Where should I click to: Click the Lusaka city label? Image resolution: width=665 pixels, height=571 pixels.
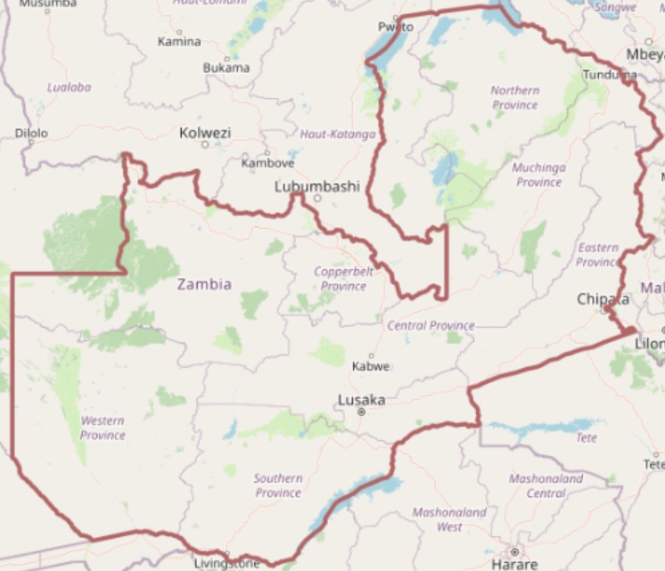(x=361, y=400)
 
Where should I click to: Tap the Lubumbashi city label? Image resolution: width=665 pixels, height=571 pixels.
(x=316, y=187)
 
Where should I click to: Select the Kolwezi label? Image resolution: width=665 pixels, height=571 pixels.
(x=205, y=133)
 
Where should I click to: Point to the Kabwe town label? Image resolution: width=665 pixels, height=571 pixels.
(x=371, y=366)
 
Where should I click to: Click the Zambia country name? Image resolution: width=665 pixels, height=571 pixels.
(x=204, y=284)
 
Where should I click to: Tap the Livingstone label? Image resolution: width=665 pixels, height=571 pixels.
(x=226, y=563)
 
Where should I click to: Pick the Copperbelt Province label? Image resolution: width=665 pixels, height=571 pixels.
(x=343, y=278)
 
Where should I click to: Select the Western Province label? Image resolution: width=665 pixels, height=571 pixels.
(x=103, y=428)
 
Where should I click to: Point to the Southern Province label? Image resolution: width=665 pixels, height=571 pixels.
(x=278, y=485)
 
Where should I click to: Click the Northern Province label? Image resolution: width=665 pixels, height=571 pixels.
(x=514, y=97)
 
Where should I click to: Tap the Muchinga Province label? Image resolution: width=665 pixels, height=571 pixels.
(x=538, y=175)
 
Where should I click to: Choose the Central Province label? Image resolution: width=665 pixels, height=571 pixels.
(x=431, y=325)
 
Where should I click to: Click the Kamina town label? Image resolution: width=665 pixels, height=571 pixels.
(x=179, y=41)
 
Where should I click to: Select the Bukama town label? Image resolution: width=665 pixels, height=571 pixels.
(x=226, y=68)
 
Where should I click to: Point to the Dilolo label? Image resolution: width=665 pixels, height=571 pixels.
(x=31, y=134)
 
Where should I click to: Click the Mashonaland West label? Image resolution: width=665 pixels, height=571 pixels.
(x=449, y=519)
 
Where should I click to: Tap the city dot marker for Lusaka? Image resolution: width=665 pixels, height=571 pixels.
(x=361, y=412)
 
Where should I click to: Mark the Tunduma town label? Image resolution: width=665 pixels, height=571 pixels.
(x=610, y=75)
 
